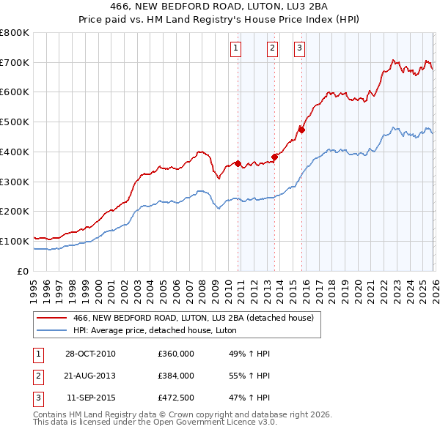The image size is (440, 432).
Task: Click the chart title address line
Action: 220,7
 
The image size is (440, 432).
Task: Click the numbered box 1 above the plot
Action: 236,48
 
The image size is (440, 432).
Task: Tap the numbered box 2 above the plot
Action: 272,48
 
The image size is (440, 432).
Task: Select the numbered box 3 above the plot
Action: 300,48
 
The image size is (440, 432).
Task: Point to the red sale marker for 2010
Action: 238,163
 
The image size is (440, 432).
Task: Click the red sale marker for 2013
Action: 275,156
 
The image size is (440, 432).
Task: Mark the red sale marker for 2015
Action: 301,130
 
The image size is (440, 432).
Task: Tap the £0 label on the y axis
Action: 23,271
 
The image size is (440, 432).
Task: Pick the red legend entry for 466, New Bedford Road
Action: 194,318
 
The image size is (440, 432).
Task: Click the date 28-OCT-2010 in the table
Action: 90,354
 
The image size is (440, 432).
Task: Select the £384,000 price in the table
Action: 176,375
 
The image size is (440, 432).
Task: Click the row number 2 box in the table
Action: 37,375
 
